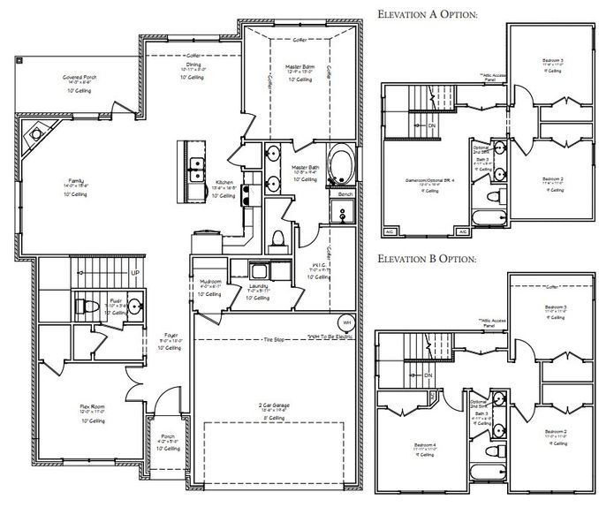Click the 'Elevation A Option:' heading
pos(428,16)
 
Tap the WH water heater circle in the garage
pos(347,323)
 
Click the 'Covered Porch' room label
pos(80,78)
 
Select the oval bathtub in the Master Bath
pos(338,163)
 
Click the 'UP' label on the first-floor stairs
pos(134,273)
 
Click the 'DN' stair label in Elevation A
pos(431,125)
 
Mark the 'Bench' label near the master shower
pos(345,193)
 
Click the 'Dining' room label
pos(193,64)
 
